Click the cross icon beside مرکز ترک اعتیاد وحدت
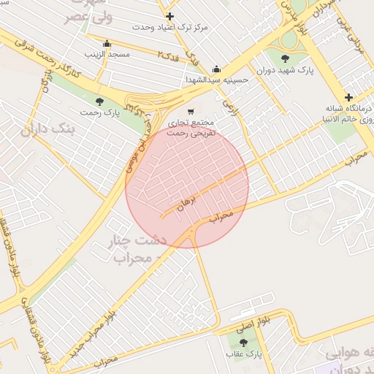(170, 16)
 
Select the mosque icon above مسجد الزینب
(107, 43)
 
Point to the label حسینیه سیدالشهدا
(215, 80)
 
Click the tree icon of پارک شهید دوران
(285, 58)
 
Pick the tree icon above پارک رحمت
(99, 101)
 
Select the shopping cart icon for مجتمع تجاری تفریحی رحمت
(191, 112)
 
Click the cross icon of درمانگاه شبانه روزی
(348, 97)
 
